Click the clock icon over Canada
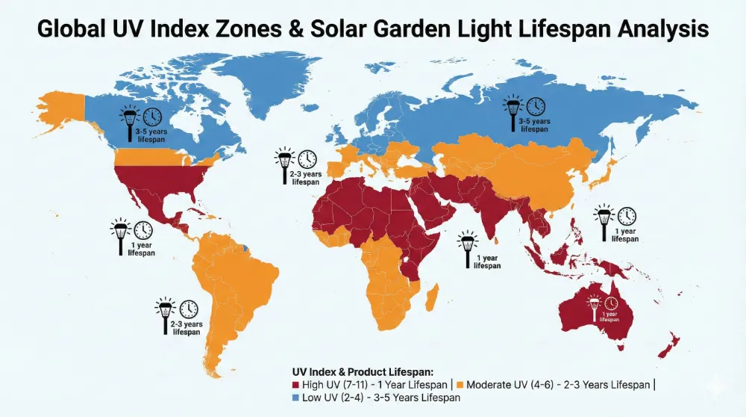pos(152,117)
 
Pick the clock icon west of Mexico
pos(142,230)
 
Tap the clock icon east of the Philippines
pos(627,216)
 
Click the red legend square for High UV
pos(295,384)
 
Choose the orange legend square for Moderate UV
pos(460,384)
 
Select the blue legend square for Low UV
pos(295,398)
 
